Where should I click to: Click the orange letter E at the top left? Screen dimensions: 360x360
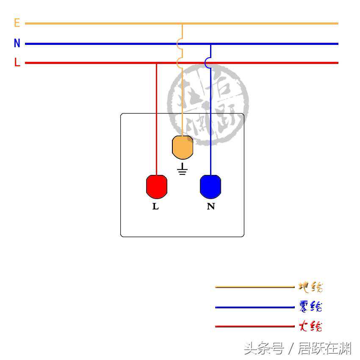tap(17, 23)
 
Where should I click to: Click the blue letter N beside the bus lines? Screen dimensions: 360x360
tap(17, 43)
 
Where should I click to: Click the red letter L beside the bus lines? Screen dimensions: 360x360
tap(17, 63)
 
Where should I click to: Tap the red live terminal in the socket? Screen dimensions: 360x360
tap(157, 186)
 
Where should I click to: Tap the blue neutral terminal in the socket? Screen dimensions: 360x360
tap(210, 186)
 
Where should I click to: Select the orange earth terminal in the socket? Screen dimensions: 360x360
tap(183, 147)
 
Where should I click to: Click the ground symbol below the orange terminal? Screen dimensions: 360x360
tap(183, 169)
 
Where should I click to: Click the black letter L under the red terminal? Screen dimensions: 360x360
tap(155, 207)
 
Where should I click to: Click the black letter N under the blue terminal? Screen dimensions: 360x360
tap(211, 207)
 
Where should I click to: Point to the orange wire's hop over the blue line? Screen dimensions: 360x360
tap(180, 43)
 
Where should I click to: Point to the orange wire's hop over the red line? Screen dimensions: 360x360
tap(180, 63)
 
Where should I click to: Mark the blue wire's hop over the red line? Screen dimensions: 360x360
tap(208, 63)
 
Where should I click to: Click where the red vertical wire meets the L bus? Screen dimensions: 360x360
tap(157, 63)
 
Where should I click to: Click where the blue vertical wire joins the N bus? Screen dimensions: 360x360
tap(210, 44)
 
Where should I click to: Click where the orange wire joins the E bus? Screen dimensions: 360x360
tap(183, 24)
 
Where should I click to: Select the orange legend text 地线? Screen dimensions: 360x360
tap(310, 287)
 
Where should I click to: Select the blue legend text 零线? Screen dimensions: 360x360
tap(310, 306)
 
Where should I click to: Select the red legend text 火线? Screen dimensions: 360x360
tap(310, 326)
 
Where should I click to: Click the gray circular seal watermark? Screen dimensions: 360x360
tap(208, 104)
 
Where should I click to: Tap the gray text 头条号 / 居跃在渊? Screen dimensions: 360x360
tap(297, 349)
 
